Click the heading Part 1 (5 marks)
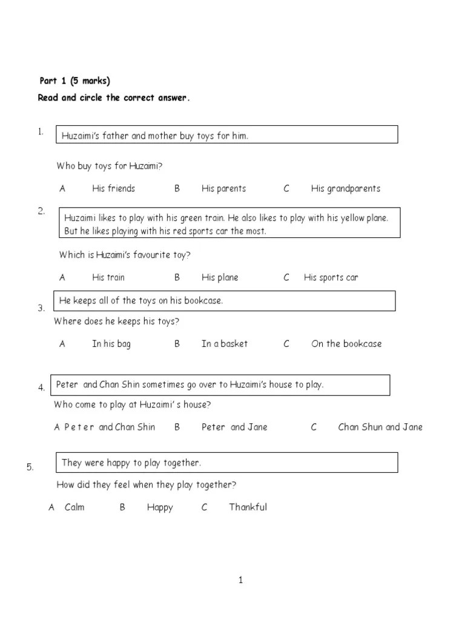click(75, 81)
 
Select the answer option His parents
click(223, 188)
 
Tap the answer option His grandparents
click(345, 188)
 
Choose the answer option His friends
click(113, 188)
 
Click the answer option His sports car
click(331, 277)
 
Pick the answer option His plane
click(220, 277)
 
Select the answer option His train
click(108, 277)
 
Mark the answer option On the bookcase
click(346, 343)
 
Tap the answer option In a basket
click(225, 343)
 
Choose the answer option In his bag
click(111, 343)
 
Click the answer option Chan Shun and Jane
click(380, 427)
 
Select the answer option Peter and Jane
click(234, 427)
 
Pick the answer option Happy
click(160, 507)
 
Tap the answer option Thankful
click(248, 507)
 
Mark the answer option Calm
click(74, 507)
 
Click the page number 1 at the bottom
click(240, 581)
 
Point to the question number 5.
click(30, 467)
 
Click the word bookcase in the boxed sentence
click(202, 300)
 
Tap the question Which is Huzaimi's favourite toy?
click(125, 255)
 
